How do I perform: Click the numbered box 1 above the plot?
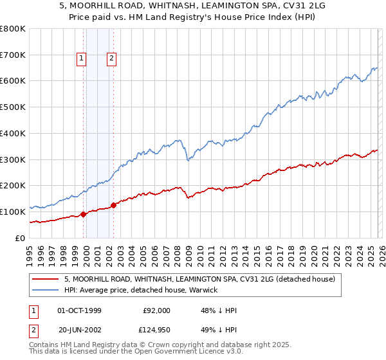click(x=82, y=59)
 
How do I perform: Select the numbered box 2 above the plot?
click(x=111, y=59)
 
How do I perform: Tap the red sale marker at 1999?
click(x=84, y=214)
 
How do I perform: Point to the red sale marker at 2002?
click(x=114, y=206)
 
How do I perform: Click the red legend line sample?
click(x=44, y=280)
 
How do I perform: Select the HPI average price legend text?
click(x=141, y=291)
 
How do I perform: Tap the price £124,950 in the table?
click(x=154, y=332)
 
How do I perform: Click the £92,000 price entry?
click(x=156, y=310)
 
